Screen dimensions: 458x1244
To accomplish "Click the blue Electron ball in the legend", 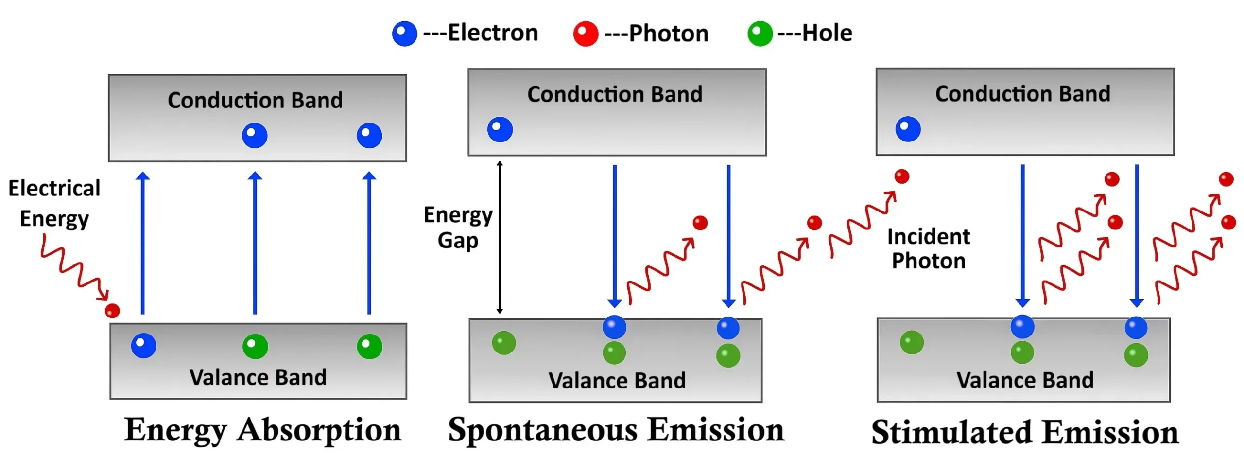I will coord(404,34).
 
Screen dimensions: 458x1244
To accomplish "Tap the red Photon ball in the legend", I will coord(585,34).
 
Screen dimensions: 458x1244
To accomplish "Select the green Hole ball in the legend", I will coord(760,34).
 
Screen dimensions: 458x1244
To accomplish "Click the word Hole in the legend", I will coord(827,33).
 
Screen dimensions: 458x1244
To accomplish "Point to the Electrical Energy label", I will coord(54,203).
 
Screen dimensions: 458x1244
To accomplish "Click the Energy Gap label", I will coord(458,228).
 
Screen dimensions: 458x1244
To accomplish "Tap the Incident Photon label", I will coord(928,248).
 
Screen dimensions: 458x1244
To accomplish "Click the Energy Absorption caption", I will coord(262,430).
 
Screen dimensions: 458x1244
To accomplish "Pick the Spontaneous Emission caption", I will coord(616,430).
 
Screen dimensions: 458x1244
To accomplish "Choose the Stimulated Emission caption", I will coord(1024,432).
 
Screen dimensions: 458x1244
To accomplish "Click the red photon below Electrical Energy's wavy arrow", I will coord(112,311).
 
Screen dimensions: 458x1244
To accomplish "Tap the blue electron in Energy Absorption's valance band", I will coord(143,345).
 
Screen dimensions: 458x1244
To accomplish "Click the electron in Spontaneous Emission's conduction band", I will coord(500,129).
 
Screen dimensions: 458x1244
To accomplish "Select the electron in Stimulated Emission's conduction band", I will coord(908,129).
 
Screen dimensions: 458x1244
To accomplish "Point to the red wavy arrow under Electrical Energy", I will coord(74,268).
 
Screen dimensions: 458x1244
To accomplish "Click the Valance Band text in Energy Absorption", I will coord(258,377).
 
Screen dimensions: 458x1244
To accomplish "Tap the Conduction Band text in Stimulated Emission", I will coord(1022,94).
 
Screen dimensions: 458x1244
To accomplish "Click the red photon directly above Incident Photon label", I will coord(901,176).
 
